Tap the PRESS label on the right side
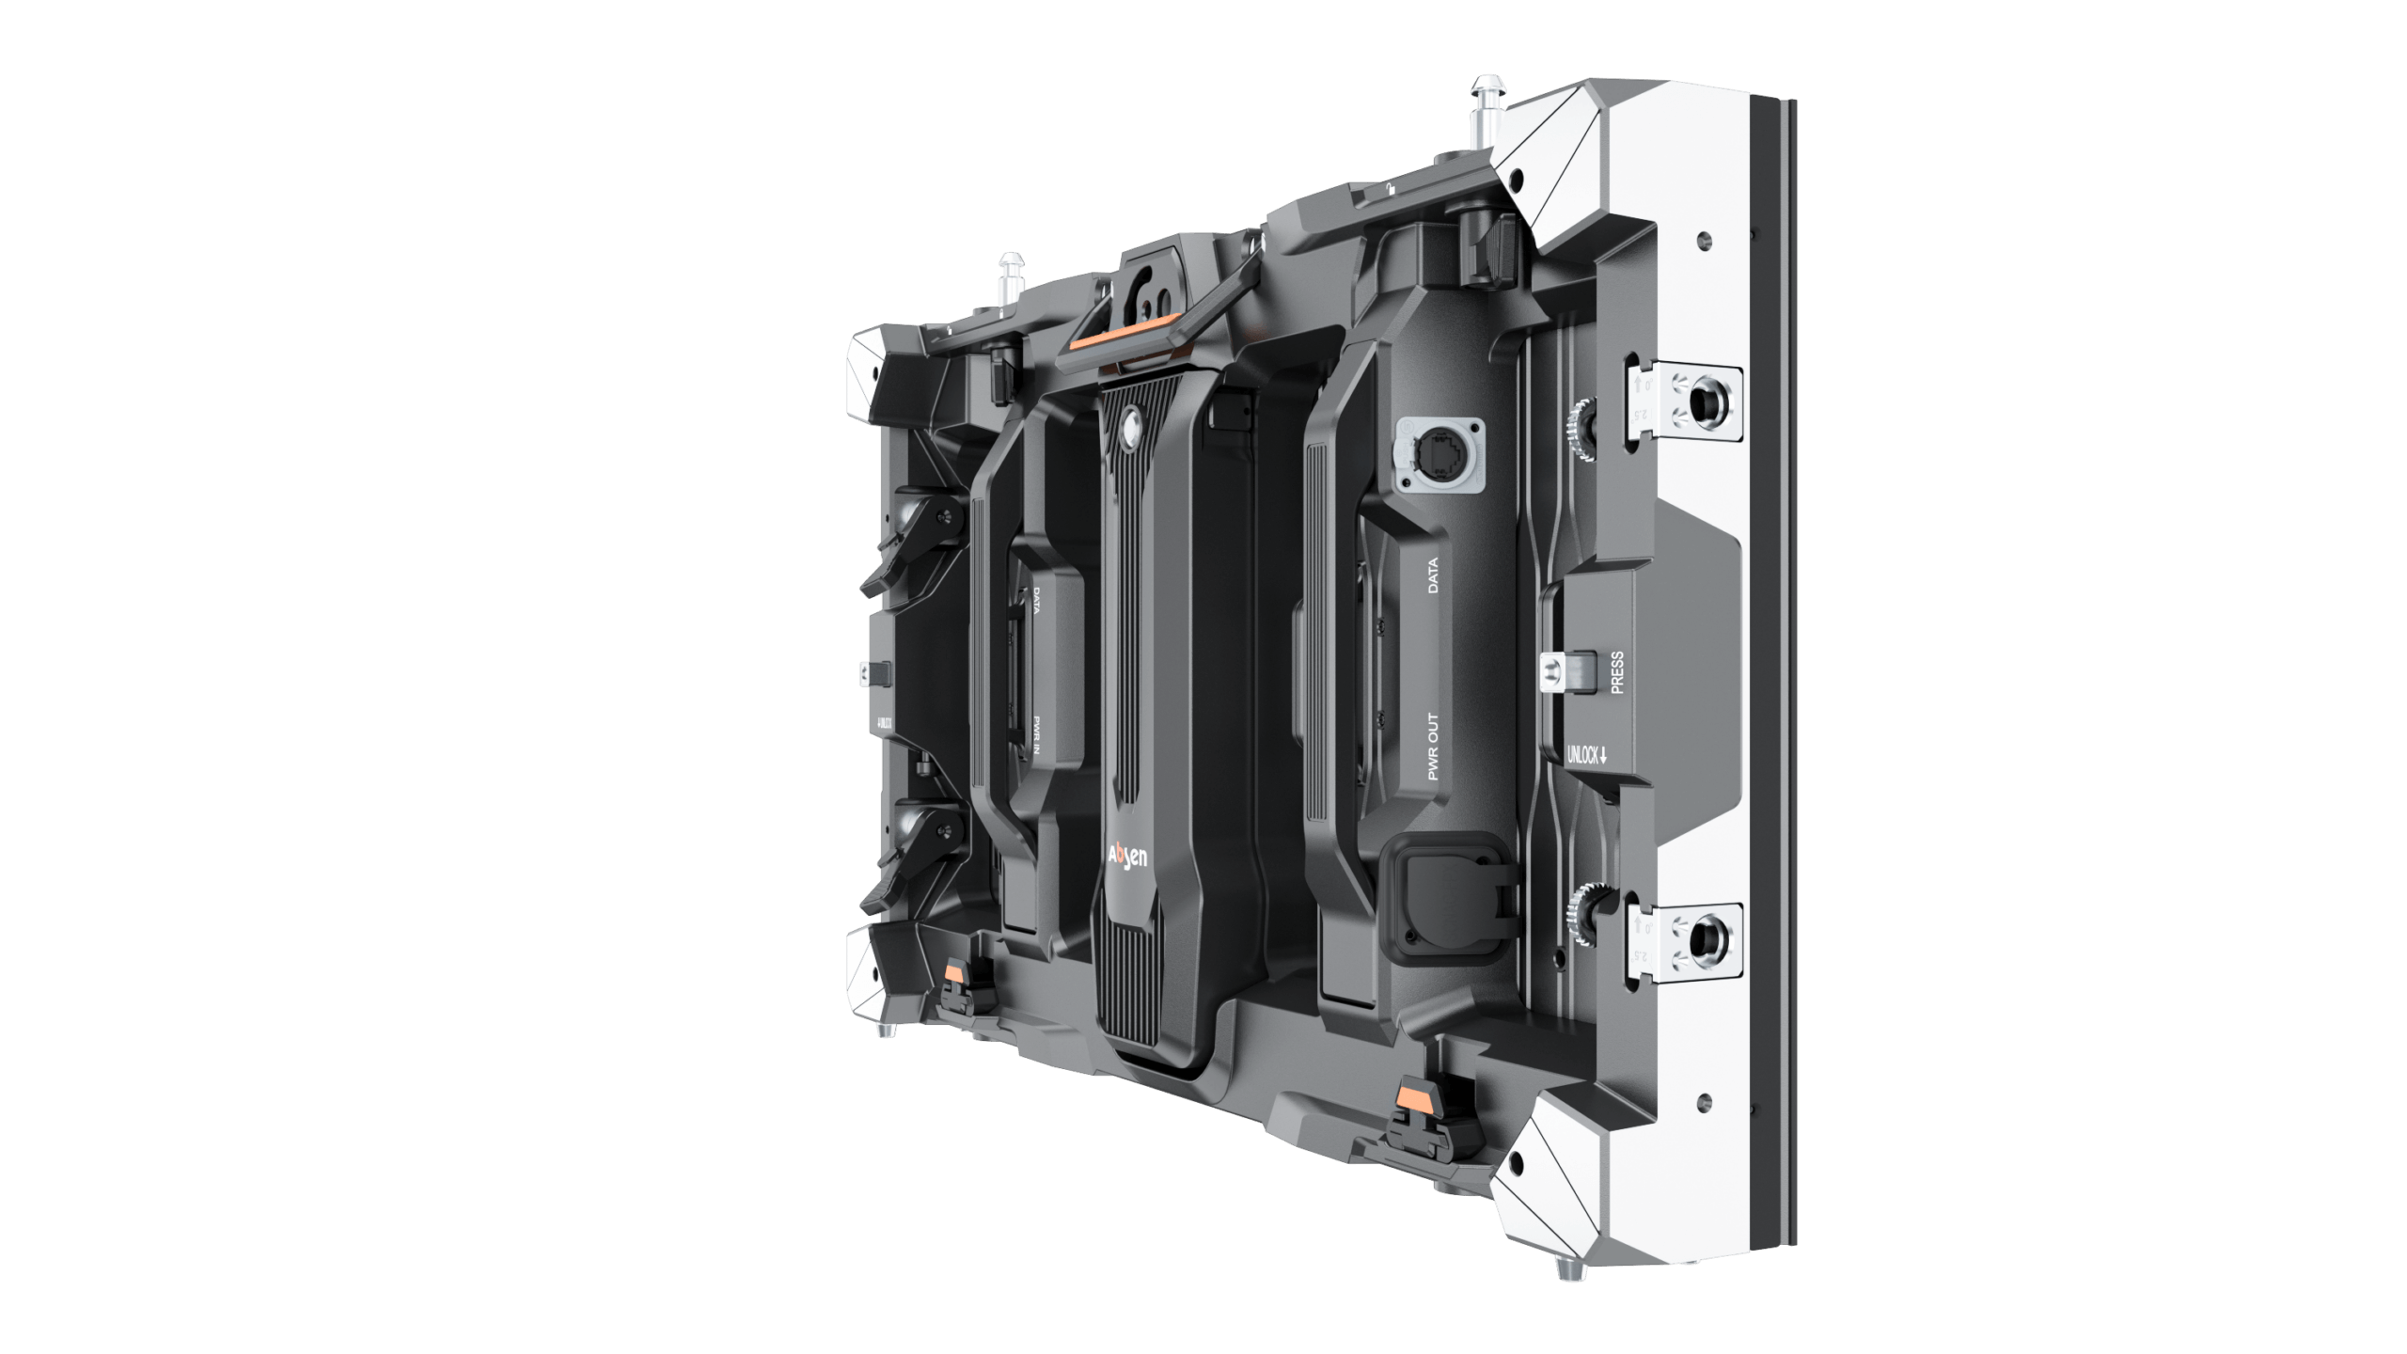(1617, 672)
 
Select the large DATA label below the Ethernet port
(1433, 575)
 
